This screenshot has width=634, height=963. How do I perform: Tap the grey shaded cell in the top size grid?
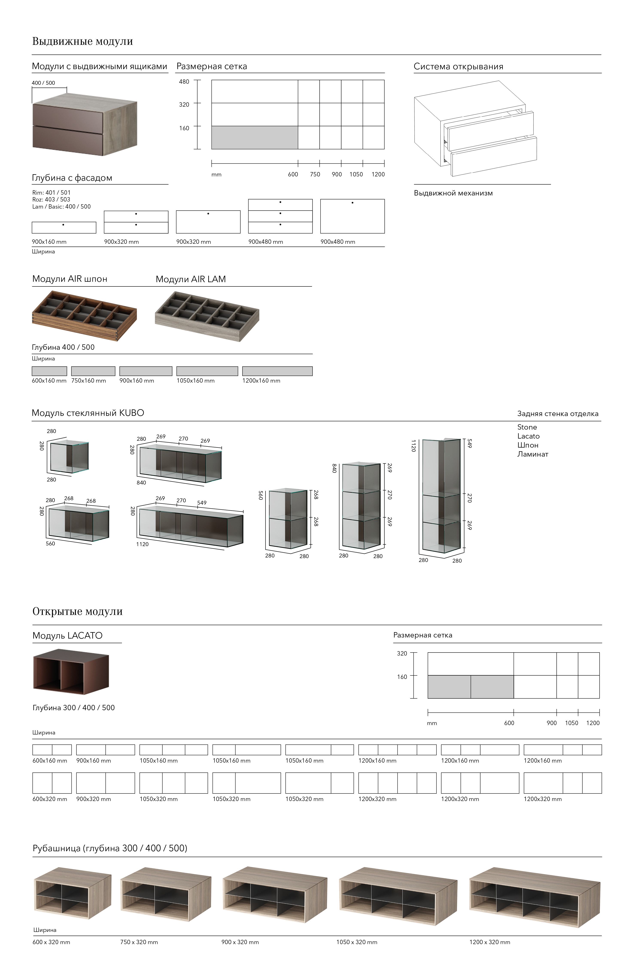pyautogui.click(x=255, y=138)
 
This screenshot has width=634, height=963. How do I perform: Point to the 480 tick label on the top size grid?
pyautogui.click(x=184, y=82)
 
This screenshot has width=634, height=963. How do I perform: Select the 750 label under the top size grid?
pyautogui.click(x=315, y=174)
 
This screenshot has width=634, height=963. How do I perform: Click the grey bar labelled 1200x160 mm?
pyautogui.click(x=277, y=371)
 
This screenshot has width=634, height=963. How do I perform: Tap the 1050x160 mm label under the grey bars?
pyautogui.click(x=196, y=381)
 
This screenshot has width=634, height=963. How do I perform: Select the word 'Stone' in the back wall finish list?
pyautogui.click(x=527, y=427)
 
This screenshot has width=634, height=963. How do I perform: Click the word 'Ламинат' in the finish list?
pyautogui.click(x=532, y=454)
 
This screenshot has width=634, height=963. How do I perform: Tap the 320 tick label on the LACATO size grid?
pyautogui.click(x=402, y=653)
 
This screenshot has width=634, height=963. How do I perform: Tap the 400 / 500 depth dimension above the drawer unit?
pyautogui.click(x=43, y=83)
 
